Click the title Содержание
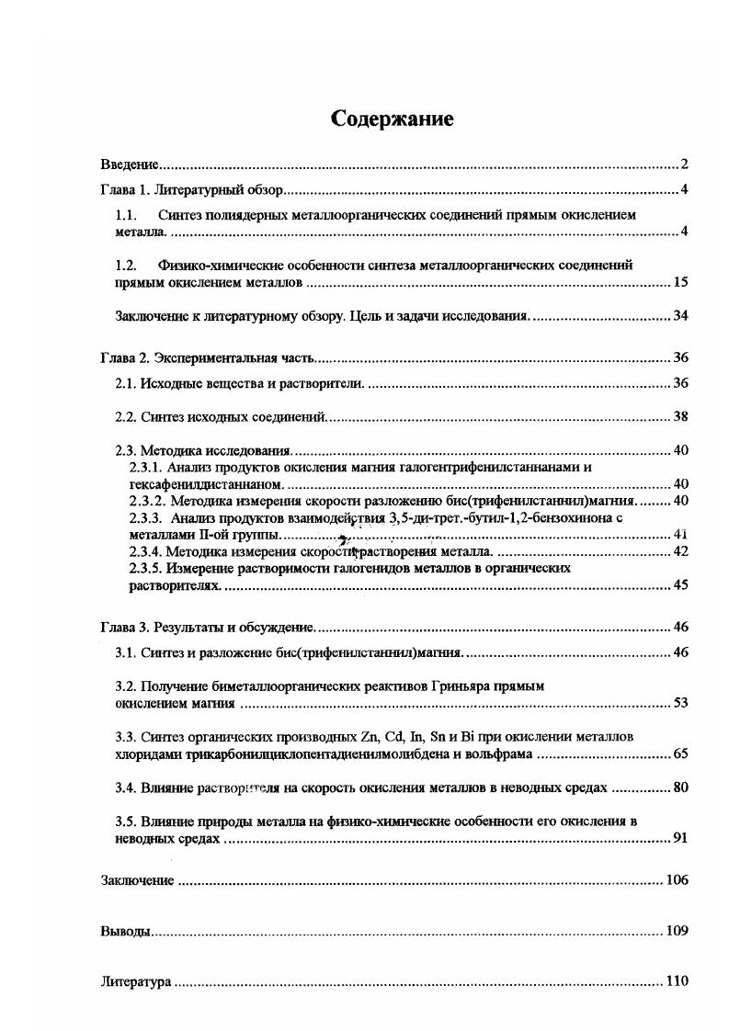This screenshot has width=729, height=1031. click(x=393, y=120)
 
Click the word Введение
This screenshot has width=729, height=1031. click(x=129, y=165)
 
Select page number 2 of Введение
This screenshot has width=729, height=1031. click(x=684, y=165)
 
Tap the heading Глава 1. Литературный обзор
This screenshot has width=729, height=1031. click(x=195, y=191)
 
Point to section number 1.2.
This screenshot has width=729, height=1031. click(x=126, y=265)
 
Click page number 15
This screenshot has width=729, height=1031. click(x=680, y=282)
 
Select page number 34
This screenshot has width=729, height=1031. click(x=680, y=316)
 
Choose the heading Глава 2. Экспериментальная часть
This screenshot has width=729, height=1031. click(x=209, y=357)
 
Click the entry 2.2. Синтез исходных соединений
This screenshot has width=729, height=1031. click(x=221, y=416)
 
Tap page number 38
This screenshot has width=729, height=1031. click(x=680, y=416)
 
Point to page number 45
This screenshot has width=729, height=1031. click(x=680, y=584)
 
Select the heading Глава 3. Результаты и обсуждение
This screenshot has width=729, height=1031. click(x=209, y=627)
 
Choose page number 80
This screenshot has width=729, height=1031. click(x=680, y=787)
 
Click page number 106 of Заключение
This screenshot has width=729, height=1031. click(x=677, y=880)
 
